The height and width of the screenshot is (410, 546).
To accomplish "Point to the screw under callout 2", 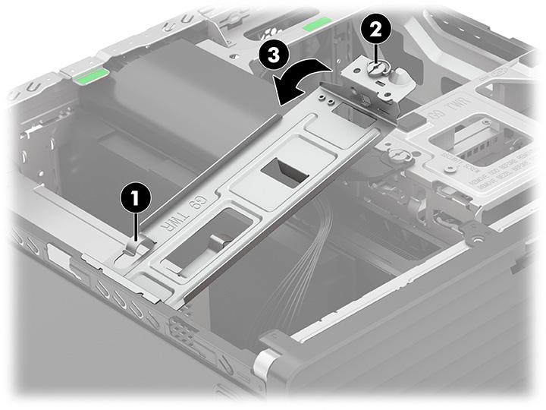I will point(375,68).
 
